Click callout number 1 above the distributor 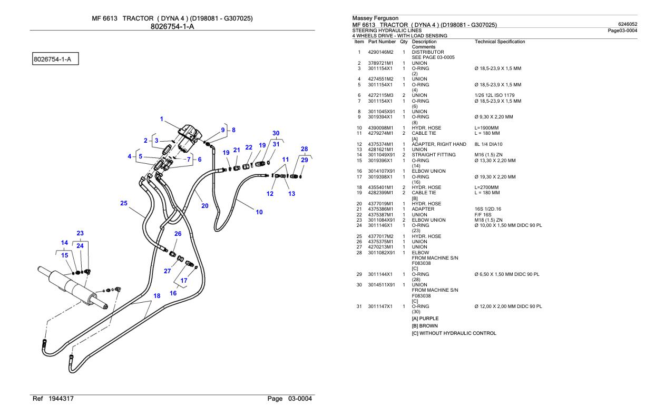pos(162,119)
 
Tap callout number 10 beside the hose pos(259,212)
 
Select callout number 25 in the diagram pos(124,203)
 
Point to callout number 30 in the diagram pos(276,133)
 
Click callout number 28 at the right pos(304,149)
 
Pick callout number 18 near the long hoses pos(157,296)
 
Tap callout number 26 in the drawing pos(178,234)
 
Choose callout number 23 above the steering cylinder pos(80,233)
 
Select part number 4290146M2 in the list pos(380,52)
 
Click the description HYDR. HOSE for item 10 pos(426,128)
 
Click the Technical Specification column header pos(500,41)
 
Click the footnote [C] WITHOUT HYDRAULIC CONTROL pos(454,333)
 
